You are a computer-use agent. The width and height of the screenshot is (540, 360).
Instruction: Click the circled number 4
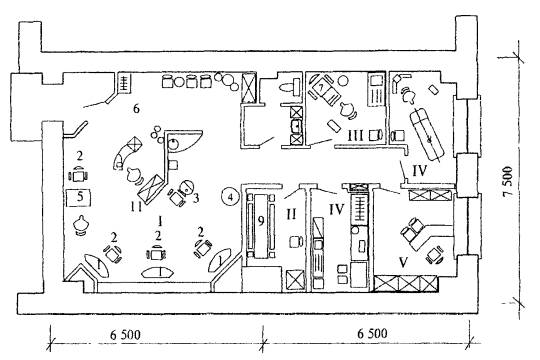tap(230, 197)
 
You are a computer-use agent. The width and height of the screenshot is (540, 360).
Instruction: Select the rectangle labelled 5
tap(79, 197)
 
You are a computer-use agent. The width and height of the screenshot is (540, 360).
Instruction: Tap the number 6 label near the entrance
tap(136, 109)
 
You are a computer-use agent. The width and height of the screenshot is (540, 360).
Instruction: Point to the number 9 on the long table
tap(261, 221)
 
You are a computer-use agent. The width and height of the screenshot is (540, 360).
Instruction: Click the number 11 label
tap(136, 206)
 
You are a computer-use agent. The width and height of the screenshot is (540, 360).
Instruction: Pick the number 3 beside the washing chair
tap(196, 198)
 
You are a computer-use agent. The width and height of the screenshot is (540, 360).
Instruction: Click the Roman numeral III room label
tap(355, 135)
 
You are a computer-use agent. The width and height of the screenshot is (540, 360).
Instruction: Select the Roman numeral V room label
tap(403, 262)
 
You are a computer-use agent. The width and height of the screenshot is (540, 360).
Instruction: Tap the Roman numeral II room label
tap(291, 215)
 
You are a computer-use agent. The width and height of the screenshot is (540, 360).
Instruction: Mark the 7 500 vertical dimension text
tap(507, 182)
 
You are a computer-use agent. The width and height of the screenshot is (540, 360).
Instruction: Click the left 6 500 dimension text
tap(125, 335)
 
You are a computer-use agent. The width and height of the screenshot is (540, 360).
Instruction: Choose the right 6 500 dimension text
tap(372, 333)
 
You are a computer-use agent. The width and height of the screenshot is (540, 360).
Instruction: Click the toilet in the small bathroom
tap(291, 86)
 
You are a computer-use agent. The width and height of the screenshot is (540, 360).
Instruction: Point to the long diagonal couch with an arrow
tap(427, 134)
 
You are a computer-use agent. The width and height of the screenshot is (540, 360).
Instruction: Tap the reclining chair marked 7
tap(323, 90)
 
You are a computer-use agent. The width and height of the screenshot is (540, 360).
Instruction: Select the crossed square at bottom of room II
tap(295, 279)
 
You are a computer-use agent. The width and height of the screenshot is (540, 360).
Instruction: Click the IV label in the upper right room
tap(419, 170)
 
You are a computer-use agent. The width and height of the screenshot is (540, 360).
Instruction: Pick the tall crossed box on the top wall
tap(249, 88)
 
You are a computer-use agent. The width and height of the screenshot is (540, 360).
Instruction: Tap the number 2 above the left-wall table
tap(80, 156)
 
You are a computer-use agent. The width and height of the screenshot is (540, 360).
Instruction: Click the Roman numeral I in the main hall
tap(160, 221)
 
